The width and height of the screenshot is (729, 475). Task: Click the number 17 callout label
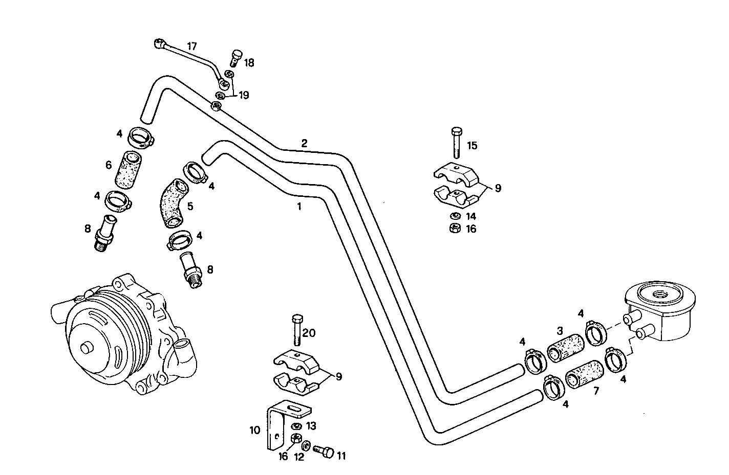point(192,46)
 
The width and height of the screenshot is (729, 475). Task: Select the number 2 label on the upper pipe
point(304,143)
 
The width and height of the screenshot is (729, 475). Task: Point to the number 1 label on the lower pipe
point(299,207)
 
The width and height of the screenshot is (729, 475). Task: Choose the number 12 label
point(299,457)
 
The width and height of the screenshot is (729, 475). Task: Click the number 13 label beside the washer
point(311,426)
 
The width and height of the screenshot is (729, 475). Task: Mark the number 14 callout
point(470,216)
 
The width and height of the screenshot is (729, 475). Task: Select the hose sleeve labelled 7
point(584,375)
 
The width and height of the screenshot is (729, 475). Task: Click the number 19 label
point(243,95)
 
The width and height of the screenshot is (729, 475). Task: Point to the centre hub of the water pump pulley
point(85,348)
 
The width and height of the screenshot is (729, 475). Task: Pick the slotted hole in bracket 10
point(294,408)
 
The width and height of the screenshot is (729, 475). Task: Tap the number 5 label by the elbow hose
point(190,207)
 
